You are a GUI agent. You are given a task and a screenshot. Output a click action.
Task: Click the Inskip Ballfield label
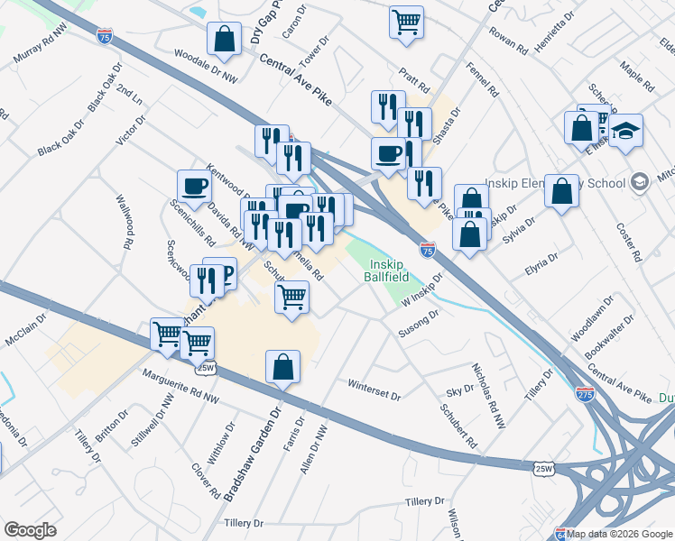387,270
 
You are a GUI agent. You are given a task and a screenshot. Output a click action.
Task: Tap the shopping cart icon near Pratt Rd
407,21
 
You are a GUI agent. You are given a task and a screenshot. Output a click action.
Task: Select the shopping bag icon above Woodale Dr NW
224,39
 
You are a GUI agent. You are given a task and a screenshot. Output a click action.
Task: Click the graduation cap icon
624,131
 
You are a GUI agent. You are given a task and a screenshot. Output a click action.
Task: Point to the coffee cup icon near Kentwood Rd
195,187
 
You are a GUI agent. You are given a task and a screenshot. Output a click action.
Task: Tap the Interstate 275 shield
583,393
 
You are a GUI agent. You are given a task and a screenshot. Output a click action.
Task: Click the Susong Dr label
419,325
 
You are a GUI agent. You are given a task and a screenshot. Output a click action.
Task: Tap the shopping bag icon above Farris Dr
282,367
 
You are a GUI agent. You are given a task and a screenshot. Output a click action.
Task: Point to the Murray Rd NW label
41,50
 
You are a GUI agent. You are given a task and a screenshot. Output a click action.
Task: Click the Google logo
30,529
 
